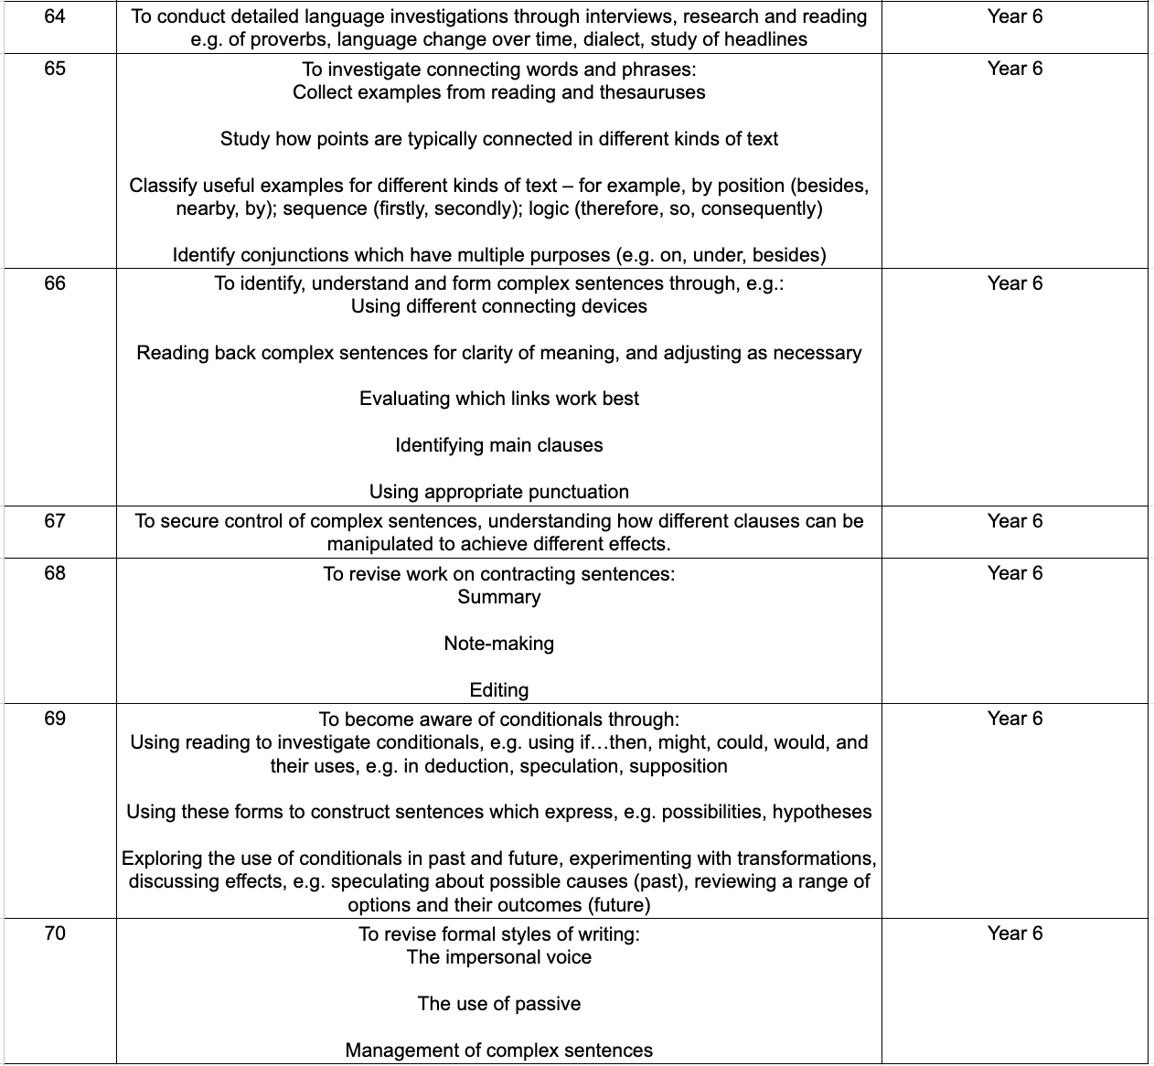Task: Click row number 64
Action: (x=55, y=16)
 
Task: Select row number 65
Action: (x=55, y=69)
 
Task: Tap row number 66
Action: (x=55, y=283)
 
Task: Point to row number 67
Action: (x=55, y=521)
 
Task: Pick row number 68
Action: (x=55, y=573)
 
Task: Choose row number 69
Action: (x=55, y=719)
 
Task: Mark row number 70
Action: (x=55, y=933)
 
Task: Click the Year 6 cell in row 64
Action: (x=1014, y=16)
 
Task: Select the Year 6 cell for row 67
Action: (x=1014, y=521)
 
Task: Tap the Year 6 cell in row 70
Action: (x=1014, y=933)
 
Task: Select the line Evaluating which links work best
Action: (x=499, y=399)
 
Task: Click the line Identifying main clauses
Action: (x=499, y=445)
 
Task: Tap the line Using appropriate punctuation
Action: (x=499, y=492)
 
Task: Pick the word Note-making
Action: (x=499, y=644)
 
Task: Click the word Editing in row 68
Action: (x=499, y=690)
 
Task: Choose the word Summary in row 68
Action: (x=499, y=597)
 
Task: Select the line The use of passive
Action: (x=499, y=1004)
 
